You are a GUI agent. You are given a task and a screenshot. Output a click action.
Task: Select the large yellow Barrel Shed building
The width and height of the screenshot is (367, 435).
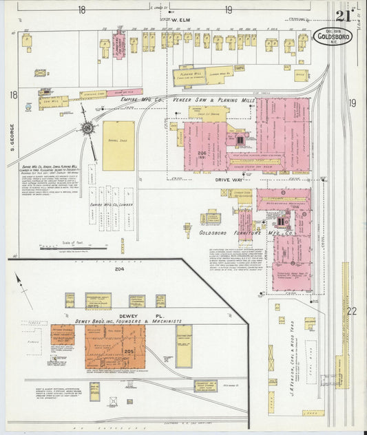[118, 146]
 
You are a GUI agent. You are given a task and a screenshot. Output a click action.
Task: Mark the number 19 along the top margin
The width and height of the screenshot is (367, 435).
[228, 10]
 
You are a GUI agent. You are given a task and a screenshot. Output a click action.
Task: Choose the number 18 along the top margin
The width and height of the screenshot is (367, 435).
[81, 10]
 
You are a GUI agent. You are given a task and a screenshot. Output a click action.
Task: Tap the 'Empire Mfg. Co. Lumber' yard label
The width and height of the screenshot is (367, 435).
[105, 204]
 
